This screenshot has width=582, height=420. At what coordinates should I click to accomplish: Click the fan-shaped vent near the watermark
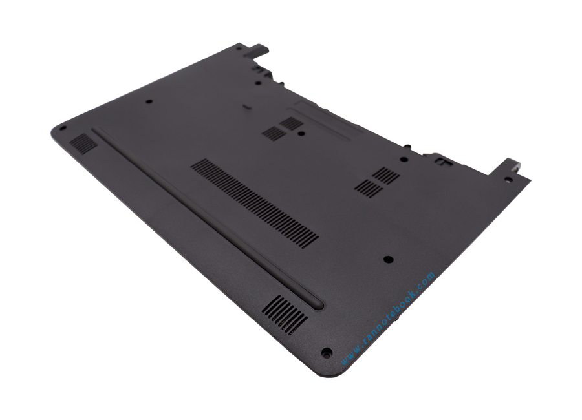[286, 315]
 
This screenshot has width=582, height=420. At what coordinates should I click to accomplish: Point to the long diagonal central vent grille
[254, 203]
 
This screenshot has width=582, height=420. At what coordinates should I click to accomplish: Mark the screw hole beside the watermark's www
[327, 353]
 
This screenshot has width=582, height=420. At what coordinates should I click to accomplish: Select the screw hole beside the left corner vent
[63, 128]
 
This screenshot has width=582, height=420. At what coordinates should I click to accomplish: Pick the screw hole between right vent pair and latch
[404, 159]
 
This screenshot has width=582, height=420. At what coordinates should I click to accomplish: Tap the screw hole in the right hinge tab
[509, 180]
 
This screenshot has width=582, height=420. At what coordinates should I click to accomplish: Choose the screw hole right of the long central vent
[388, 259]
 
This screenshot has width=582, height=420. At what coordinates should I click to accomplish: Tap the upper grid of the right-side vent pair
[386, 174]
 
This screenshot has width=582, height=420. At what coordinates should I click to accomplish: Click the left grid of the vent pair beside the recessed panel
[274, 133]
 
